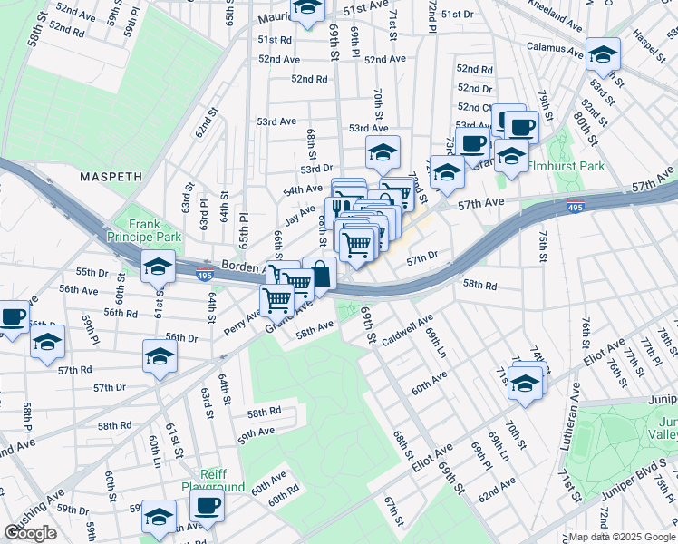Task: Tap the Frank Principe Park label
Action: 143,230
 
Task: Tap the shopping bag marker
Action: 320,273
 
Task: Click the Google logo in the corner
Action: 31,533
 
